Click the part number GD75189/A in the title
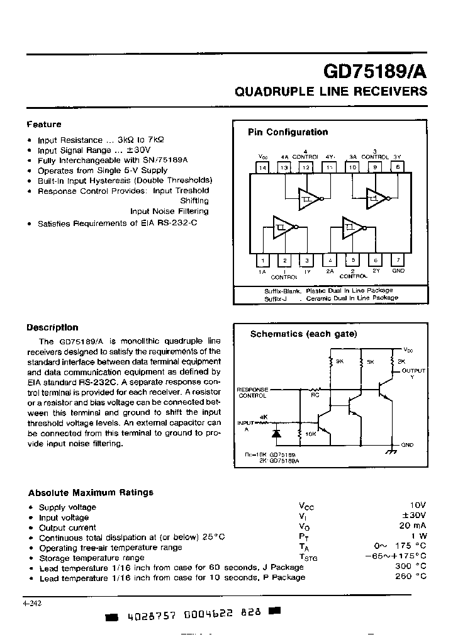pos(375,70)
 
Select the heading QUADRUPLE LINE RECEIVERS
pos(330,91)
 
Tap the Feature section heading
pos(43,125)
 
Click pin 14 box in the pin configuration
pos(262,167)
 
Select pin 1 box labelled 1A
pos(262,260)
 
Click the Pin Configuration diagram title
pos(288,132)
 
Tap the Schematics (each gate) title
pos(303,334)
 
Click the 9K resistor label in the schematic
pos(340,362)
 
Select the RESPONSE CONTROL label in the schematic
pos(252,393)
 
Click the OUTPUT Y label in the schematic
pos(413,373)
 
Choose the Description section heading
pos(52,327)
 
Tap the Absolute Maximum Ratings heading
pos(91,492)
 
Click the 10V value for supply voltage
pos(417,505)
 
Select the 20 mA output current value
pos(413,526)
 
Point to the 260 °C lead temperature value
pos(411,577)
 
